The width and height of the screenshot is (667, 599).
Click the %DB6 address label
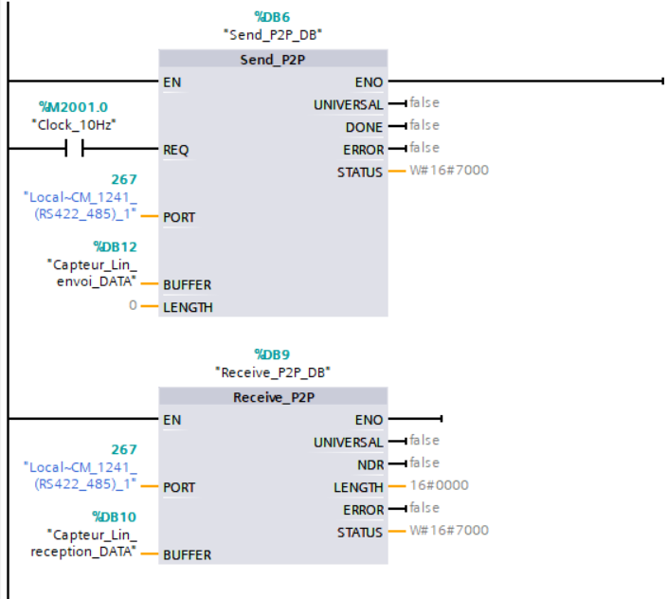point(273,16)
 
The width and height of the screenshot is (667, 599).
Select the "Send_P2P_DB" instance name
point(273,33)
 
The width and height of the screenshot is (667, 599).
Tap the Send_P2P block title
point(273,60)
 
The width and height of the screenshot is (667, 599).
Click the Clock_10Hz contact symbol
point(73,149)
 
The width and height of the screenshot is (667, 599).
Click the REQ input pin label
point(176,150)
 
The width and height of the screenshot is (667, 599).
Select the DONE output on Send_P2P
point(364,127)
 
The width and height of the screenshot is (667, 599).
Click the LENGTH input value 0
point(134,307)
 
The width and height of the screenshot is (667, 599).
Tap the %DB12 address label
point(115,246)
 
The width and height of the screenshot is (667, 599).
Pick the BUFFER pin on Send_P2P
point(187,284)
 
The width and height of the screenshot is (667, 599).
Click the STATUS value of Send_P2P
point(450,171)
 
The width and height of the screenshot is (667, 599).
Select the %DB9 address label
point(273,354)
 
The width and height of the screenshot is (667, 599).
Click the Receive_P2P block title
point(273,397)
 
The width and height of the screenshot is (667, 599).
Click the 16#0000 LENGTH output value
point(439,485)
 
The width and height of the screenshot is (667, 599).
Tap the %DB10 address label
point(115,517)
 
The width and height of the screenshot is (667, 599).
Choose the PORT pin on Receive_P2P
point(179,487)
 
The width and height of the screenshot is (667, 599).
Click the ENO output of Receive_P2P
point(370,419)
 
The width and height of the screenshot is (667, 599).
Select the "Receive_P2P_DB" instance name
point(273,372)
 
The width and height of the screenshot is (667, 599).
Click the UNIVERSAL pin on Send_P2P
point(349,104)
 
